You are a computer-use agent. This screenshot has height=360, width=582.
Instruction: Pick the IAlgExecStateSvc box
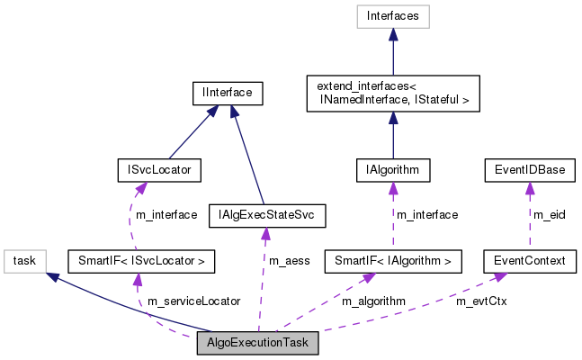265,215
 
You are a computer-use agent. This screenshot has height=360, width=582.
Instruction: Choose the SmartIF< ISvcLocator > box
142,262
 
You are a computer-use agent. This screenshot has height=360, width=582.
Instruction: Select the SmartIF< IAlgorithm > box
393,262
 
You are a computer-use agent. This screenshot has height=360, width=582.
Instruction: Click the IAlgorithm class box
392,168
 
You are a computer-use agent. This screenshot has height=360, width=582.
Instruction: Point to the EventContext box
529,262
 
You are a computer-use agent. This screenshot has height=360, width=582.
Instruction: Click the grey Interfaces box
392,15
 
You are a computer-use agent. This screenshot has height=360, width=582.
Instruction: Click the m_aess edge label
289,261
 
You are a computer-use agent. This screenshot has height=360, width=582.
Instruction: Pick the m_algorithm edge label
372,301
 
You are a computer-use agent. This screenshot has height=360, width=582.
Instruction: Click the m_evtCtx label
481,301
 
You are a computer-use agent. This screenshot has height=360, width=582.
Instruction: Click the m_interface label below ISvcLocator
167,215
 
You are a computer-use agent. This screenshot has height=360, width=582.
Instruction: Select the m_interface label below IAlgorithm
428,215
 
